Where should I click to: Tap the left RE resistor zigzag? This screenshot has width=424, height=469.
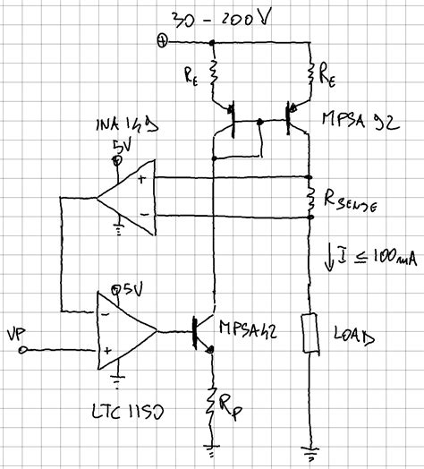[214, 75]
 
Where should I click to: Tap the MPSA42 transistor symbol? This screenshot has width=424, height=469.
[206, 331]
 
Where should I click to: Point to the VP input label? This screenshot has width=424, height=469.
[17, 334]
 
